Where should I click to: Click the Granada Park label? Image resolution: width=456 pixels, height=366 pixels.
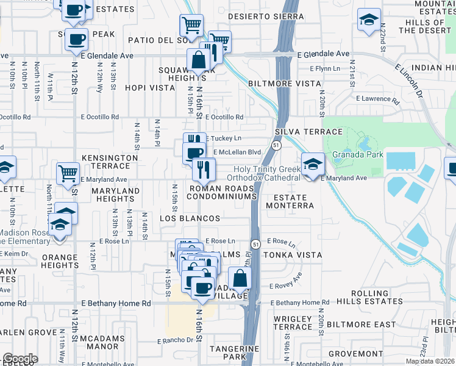pyautogui.click(x=358, y=154)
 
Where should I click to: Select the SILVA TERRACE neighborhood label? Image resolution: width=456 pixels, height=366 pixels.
pyautogui.click(x=300, y=132)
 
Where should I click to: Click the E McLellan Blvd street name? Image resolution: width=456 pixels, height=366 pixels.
pyautogui.click(x=236, y=152)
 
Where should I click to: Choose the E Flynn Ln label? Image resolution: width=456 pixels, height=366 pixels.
pyautogui.click(x=324, y=68)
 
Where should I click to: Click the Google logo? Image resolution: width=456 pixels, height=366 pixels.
pyautogui.click(x=20, y=359)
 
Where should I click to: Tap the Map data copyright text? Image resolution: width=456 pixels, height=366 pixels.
pyautogui.click(x=430, y=361)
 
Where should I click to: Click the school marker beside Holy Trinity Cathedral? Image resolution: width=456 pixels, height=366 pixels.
pyautogui.click(x=313, y=165)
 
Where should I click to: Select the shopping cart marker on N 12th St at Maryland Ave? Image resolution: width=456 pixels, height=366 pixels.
pyautogui.click(x=68, y=173)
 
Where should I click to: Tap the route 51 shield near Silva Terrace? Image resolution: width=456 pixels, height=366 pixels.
pyautogui.click(x=276, y=145)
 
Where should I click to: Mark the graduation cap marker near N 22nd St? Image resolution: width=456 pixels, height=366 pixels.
pyautogui.click(x=368, y=20)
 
